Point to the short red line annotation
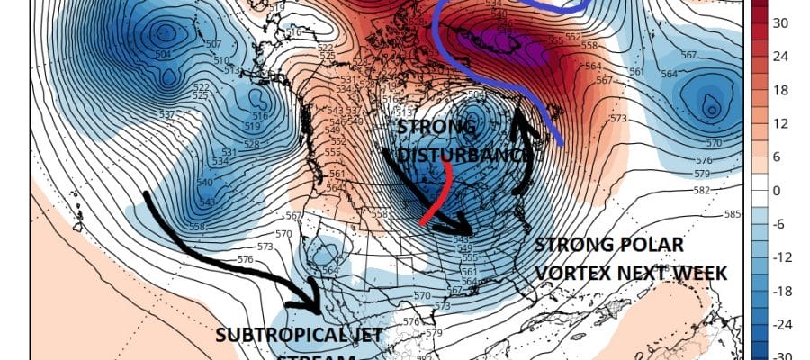click(437, 202)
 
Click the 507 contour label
click(213, 44)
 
